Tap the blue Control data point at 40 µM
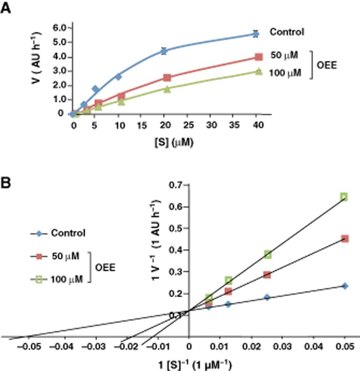(255, 34)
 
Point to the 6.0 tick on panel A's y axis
(60, 27)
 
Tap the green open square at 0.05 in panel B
(344, 197)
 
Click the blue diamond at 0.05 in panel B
(344, 286)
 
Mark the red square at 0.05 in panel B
(344, 238)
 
